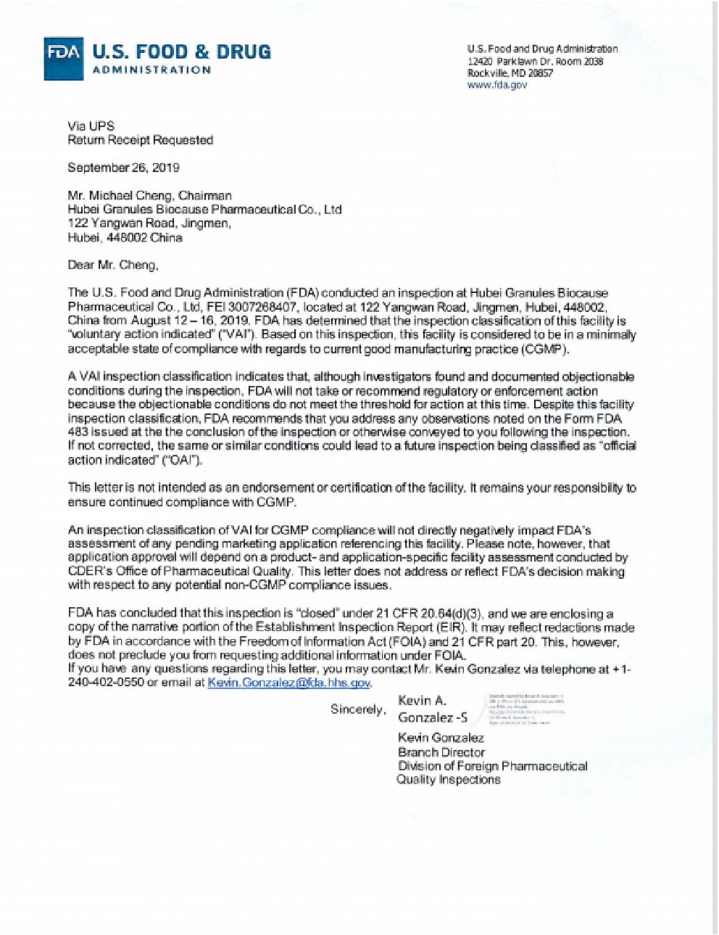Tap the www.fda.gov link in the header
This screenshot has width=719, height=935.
[497, 85]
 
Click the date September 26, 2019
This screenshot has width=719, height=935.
[124, 168]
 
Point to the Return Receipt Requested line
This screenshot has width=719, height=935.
[140, 140]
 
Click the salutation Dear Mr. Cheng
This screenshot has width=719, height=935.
[112, 265]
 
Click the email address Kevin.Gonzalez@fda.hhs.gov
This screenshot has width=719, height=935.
[289, 683]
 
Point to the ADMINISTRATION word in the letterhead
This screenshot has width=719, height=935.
[152, 70]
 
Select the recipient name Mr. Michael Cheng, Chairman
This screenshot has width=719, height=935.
[150, 195]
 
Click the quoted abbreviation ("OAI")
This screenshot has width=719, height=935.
[186, 460]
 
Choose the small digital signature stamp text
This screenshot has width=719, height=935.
[527, 709]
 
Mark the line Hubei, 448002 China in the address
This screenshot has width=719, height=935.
[125, 237]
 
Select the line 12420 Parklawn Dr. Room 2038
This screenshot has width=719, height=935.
[536, 62]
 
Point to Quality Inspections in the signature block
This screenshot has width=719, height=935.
[448, 780]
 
